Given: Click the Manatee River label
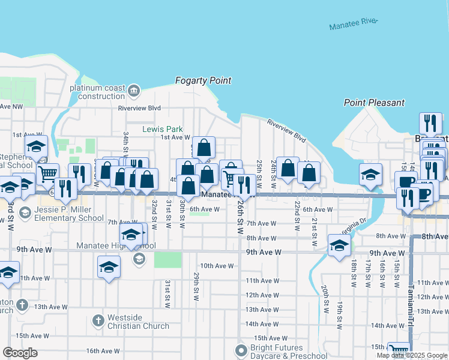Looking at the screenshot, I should pos(354,24).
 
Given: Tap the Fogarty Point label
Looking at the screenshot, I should pos(203,80).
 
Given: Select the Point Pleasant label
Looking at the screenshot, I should pos(374,103).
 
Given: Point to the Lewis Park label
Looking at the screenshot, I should pos(162,129).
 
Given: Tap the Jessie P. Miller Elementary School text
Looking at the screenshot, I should pos(69,214).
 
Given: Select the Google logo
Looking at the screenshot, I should pos(20,353).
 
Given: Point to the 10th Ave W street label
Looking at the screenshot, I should pos(216,266).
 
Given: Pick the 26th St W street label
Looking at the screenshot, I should pos(240,217).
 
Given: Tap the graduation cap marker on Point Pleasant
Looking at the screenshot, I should pos(370,175).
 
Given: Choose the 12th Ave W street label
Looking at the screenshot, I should pos(261,295).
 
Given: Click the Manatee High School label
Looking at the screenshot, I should pos(116,246).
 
